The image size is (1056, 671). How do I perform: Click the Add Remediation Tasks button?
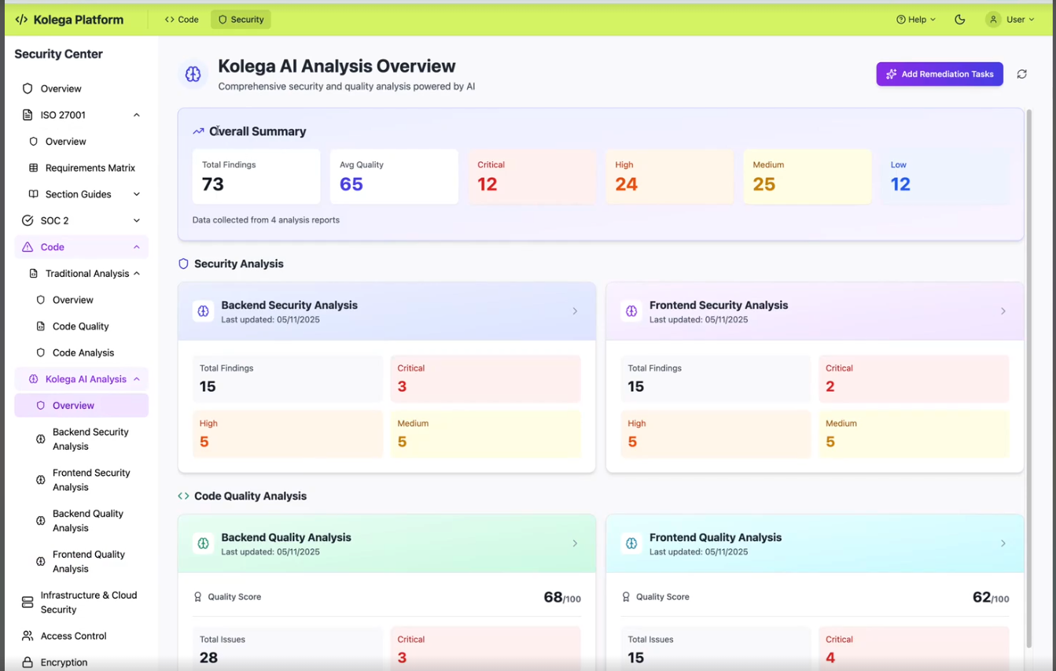[940, 74]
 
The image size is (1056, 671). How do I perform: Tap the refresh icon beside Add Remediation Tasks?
[1021, 74]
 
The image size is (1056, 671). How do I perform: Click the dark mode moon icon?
[960, 20]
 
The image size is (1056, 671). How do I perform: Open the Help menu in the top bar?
[916, 20]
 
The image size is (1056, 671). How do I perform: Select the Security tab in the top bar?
[241, 20]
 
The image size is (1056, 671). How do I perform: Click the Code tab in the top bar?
[182, 20]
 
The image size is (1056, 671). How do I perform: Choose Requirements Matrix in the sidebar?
[90, 168]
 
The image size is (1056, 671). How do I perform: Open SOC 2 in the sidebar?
[54, 220]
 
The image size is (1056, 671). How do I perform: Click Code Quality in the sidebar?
[80, 326]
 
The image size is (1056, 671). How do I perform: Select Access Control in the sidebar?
[73, 636]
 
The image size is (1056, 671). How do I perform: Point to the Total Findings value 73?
[213, 184]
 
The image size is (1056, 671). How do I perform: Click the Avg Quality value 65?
[351, 184]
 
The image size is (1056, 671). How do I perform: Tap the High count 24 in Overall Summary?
[626, 184]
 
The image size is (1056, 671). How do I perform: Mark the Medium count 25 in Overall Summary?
[763, 184]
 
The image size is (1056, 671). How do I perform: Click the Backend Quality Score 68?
[554, 597]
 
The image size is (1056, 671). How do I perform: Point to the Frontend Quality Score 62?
[981, 597]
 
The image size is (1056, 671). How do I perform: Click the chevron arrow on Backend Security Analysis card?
[575, 312]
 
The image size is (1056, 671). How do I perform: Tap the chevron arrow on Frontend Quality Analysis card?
[1003, 544]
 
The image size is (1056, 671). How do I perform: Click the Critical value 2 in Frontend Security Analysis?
[830, 386]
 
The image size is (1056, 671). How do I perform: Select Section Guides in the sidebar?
[78, 194]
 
